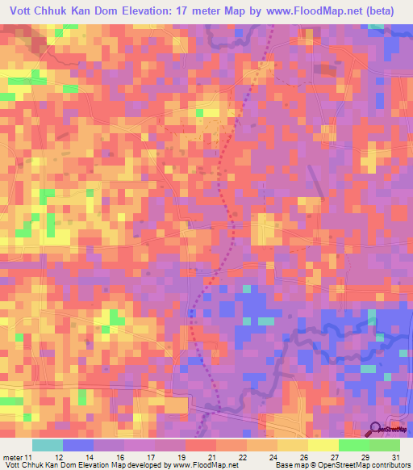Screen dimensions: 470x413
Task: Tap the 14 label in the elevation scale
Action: (x=78, y=437)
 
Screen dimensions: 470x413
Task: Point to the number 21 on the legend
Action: (x=212, y=437)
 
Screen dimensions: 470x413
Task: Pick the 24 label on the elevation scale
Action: (x=273, y=437)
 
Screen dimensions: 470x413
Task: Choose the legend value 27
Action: (x=333, y=437)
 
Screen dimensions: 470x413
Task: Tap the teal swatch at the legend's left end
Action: (x=47, y=445)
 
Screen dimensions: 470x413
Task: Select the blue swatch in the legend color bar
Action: (x=77, y=445)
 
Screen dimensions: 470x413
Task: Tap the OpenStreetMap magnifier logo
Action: (x=376, y=429)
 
